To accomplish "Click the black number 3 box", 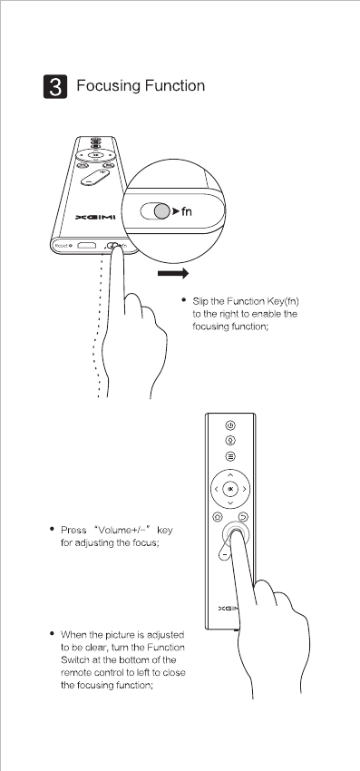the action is [x=55, y=86].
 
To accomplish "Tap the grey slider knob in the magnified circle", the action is [x=161, y=211].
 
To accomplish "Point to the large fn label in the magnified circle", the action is [x=187, y=211].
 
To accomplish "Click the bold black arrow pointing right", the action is [x=173, y=273].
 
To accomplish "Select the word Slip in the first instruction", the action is [x=200, y=301].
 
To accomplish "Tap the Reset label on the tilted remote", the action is [x=62, y=245].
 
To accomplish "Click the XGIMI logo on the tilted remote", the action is [x=95, y=218].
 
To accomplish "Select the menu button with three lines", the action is [x=230, y=456].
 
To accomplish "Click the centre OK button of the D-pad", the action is [x=230, y=489].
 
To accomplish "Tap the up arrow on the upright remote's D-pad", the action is [x=230, y=475].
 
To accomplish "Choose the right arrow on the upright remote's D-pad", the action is [x=244, y=489].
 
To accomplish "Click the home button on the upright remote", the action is [x=218, y=517].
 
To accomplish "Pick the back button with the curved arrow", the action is [x=243, y=517].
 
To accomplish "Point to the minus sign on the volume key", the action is [x=224, y=554].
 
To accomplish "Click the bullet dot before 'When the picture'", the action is [x=52, y=633].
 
